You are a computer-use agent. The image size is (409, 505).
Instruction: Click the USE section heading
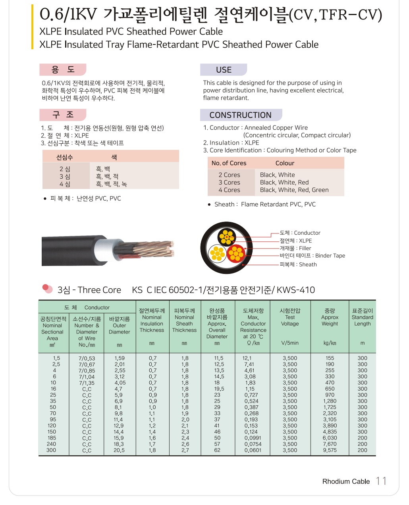coord(224,70)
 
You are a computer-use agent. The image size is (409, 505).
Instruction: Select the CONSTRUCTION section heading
coord(240,115)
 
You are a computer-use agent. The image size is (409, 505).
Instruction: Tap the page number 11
coord(381,481)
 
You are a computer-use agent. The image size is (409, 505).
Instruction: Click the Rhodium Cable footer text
coord(346,482)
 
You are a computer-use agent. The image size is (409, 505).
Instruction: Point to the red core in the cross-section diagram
coord(236,253)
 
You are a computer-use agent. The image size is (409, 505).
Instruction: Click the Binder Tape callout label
coord(312,256)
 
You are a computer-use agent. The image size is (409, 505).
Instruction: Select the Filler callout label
coord(295,248)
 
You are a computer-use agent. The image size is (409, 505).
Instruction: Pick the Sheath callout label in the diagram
coord(298,264)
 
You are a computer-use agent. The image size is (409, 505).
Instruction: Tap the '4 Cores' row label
coord(229,190)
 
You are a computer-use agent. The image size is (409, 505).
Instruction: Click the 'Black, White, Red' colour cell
coord(284,183)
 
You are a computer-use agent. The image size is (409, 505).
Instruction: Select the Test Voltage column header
coord(290,317)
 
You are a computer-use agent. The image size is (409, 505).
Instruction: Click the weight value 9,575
coord(330,450)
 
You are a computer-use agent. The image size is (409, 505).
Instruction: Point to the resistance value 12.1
coord(247,358)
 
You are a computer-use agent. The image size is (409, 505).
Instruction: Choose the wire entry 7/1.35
coord(87,383)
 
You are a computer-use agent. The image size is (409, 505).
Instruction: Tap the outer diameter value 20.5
coord(119,450)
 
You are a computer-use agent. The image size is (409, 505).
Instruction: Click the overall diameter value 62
coord(217,450)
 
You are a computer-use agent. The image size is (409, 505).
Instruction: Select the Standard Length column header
coord(362,317)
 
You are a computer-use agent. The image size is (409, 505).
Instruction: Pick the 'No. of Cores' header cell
coord(229,163)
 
